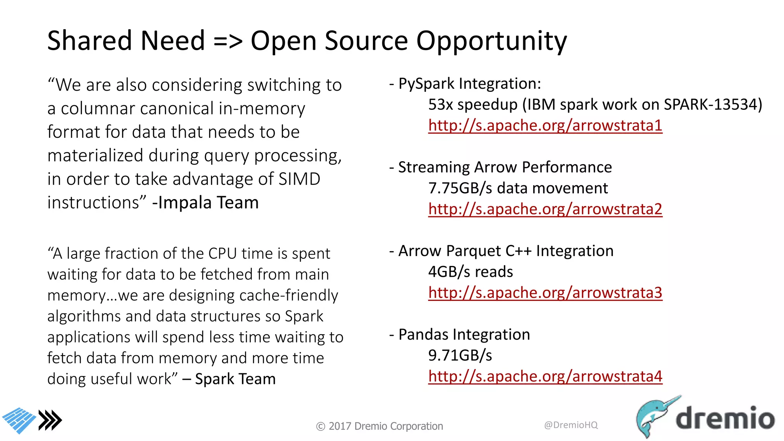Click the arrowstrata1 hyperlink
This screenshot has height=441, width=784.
[x=545, y=126]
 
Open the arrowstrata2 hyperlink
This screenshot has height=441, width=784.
[x=545, y=209]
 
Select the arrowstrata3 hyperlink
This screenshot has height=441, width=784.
[x=545, y=293]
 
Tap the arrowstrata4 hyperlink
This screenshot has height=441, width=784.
[x=545, y=376]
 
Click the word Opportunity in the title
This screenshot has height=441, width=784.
[x=491, y=41]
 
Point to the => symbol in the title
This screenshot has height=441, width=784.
[x=228, y=41]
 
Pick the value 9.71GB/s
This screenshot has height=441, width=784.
[x=460, y=356]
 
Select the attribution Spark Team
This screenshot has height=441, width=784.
[x=235, y=379]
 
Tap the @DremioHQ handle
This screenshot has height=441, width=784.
[x=570, y=425]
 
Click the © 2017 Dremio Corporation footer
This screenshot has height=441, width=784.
[x=379, y=426]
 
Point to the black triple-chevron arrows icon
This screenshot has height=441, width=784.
[x=50, y=420]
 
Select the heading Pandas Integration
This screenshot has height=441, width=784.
[x=464, y=335]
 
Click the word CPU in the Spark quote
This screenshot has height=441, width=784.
[x=223, y=253]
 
